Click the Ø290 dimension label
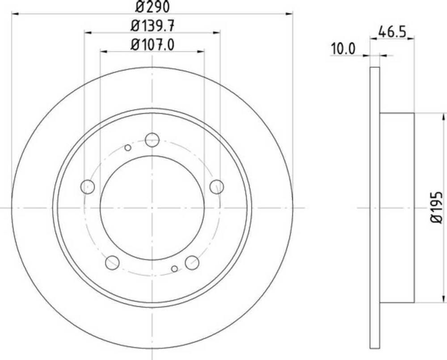click(x=152, y=6)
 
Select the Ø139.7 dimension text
click(x=152, y=26)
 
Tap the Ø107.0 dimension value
click(x=152, y=45)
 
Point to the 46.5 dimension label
click(x=392, y=31)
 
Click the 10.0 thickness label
click(x=343, y=49)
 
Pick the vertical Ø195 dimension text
click(x=436, y=208)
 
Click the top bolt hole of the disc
click(x=152, y=140)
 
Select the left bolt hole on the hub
click(x=88, y=187)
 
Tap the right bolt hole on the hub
click(x=217, y=187)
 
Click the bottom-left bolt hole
click(x=112, y=263)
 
